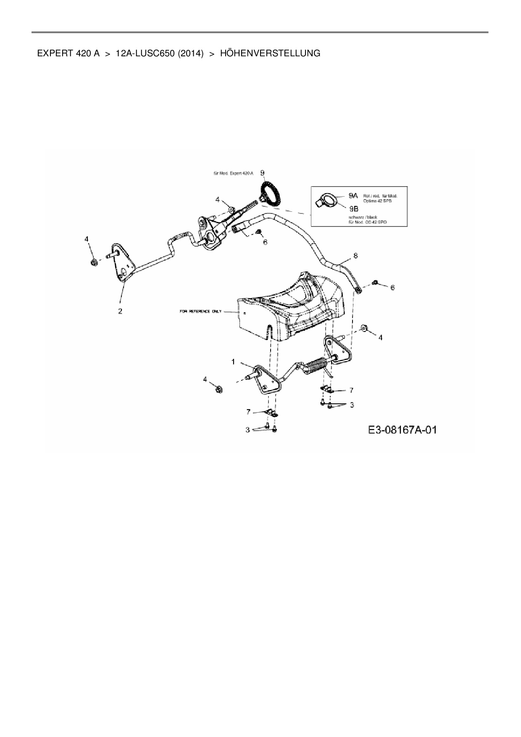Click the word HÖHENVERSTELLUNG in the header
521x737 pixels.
pos(270,53)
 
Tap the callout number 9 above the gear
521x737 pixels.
pos(262,173)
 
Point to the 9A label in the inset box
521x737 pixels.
pos(353,196)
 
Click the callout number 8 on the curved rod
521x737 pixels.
pos(355,255)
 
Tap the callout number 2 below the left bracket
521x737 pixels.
pos(120,311)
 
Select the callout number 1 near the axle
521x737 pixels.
pos(233,362)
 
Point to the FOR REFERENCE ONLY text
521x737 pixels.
pos(200,312)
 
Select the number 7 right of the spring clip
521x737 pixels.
pos(351,390)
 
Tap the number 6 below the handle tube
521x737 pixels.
pos(265,242)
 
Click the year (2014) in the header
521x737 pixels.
pos(191,53)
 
